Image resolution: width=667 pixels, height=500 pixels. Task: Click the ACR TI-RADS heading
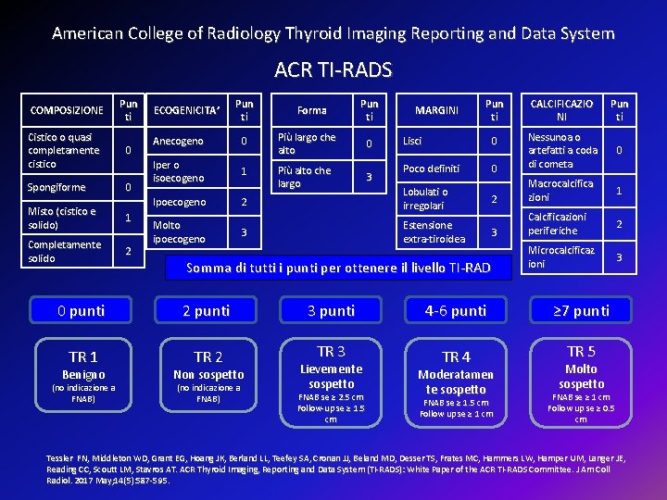coord(333,69)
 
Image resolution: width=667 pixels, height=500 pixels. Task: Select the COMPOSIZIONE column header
coord(67,110)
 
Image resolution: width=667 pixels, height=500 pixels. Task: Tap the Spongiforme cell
coord(57,187)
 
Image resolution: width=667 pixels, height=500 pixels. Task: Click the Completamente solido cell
coord(65,251)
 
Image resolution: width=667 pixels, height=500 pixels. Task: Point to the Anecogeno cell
coord(178,141)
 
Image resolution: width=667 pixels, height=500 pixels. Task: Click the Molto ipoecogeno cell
coord(180,231)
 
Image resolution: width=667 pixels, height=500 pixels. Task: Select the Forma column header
coord(311,110)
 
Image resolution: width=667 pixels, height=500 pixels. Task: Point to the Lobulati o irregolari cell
coord(425,198)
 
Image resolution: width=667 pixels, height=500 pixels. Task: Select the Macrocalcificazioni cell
coord(560,191)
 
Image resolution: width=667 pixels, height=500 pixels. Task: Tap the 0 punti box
coord(81,310)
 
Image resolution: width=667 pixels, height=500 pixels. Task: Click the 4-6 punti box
coord(456,310)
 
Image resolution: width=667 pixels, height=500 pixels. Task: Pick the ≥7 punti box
coord(581,310)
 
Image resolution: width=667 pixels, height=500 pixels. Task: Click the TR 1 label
coord(83,356)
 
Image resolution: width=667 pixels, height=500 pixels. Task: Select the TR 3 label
coord(331,351)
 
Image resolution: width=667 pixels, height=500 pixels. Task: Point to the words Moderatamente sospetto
coord(456,381)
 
